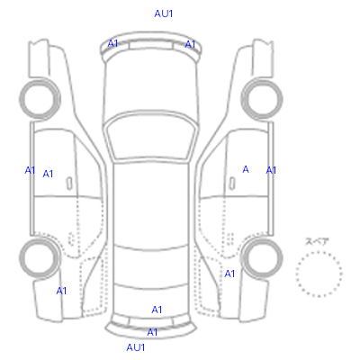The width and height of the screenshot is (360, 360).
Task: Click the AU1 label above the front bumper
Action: (x=164, y=13)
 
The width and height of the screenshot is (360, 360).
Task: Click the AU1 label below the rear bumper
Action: (x=136, y=347)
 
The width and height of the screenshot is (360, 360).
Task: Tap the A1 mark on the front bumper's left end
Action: (x=112, y=43)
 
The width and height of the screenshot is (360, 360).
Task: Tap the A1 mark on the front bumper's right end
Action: (x=190, y=44)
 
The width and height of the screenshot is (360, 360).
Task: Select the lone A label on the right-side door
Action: (x=246, y=169)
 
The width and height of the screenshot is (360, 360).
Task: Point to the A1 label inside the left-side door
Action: (x=48, y=174)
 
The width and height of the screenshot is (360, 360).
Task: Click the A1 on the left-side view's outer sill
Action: (x=30, y=170)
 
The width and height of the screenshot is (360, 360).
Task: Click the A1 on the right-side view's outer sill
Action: (x=271, y=170)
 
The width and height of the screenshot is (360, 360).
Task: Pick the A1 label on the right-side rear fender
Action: (x=229, y=274)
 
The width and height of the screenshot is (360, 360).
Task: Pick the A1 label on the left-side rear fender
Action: (x=61, y=291)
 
